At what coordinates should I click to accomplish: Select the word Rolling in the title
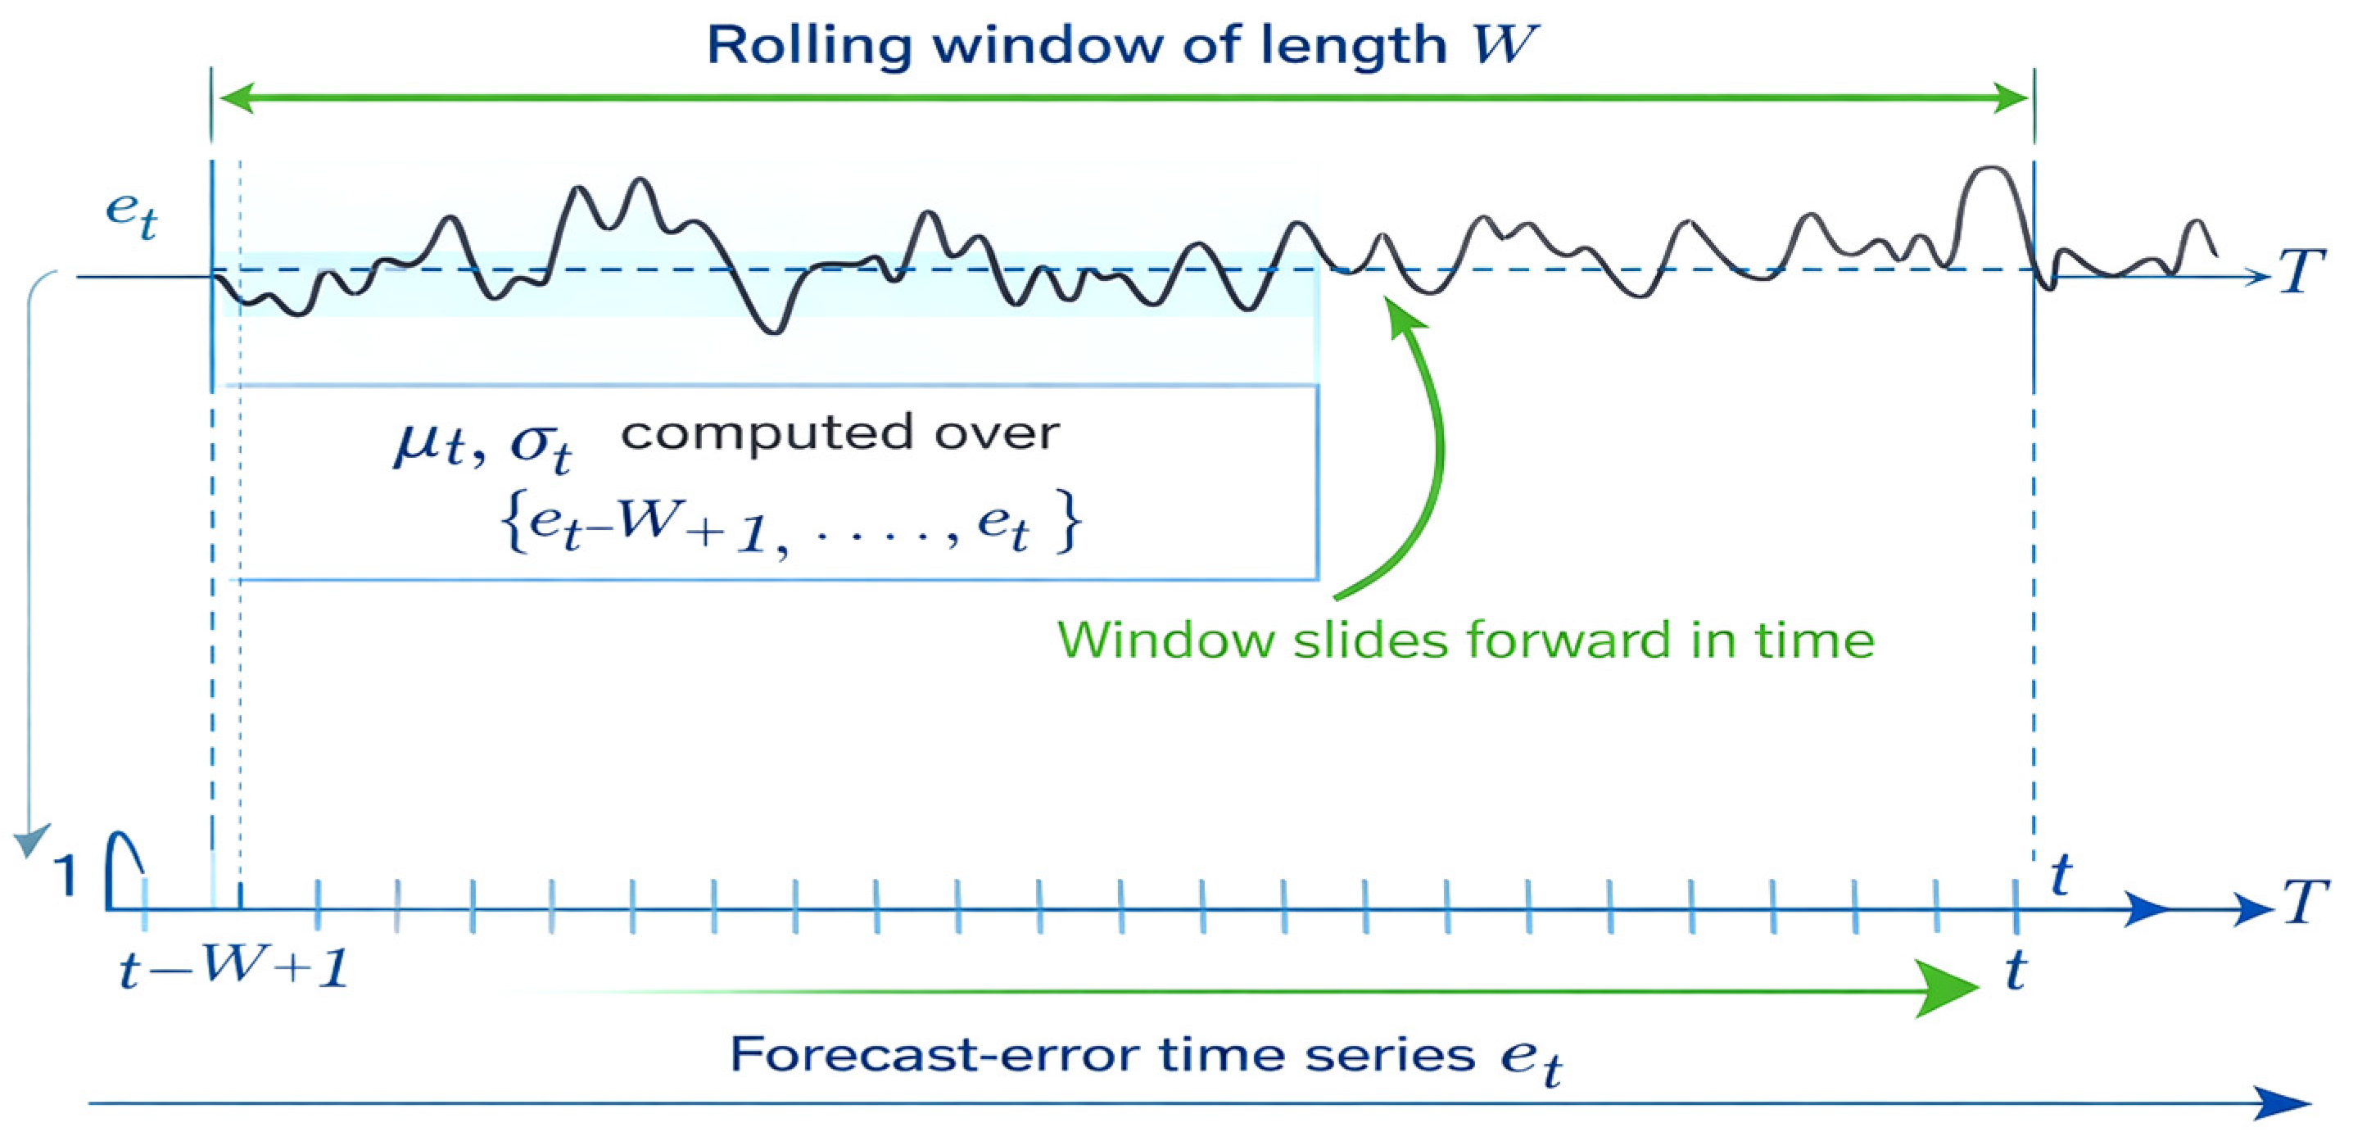809,46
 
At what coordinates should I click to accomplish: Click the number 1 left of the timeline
65,875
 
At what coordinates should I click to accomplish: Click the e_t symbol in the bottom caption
1531,1060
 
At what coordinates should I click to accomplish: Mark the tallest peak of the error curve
1990,169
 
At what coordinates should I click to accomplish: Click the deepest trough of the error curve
774,332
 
